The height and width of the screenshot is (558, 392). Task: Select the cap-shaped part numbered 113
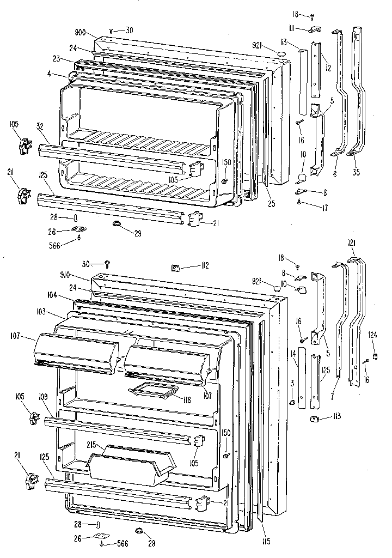tap(314, 418)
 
